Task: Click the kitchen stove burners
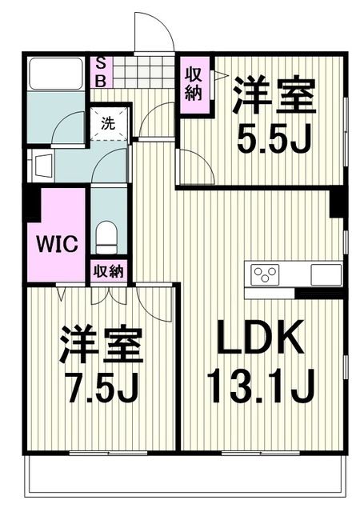pos(265,274)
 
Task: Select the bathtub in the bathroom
pos(55,73)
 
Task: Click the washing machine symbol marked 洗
pos(107,124)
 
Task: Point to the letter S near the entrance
pos(102,63)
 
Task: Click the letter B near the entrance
pos(102,79)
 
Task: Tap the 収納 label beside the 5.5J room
pos(194,83)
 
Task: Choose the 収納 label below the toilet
pos(108,270)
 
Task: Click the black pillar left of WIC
pos(30,204)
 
